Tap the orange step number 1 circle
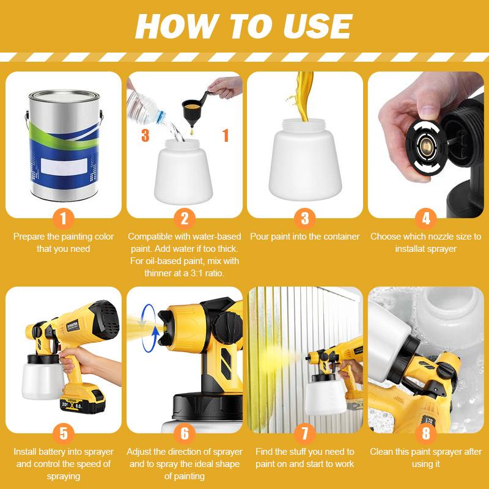(x=64, y=218)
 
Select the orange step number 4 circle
(x=425, y=218)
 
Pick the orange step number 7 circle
(x=304, y=433)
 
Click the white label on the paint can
(x=64, y=166)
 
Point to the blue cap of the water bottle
(x=161, y=117)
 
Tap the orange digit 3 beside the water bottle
(x=145, y=135)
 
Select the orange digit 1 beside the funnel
(x=226, y=135)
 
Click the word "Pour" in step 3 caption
(x=259, y=237)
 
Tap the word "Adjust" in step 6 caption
(x=139, y=452)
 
